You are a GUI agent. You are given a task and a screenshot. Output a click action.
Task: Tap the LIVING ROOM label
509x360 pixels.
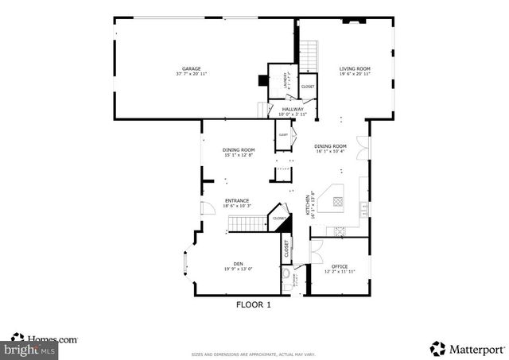point(355,69)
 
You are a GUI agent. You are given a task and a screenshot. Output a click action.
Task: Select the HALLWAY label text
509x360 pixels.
point(292,110)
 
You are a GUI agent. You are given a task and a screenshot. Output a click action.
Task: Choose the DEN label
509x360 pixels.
point(238,264)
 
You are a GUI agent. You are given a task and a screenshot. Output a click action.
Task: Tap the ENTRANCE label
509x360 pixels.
point(237,200)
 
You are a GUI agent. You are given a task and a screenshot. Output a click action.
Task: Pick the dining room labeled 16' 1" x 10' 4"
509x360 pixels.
point(330,146)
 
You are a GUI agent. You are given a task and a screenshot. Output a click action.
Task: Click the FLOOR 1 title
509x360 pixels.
point(254,304)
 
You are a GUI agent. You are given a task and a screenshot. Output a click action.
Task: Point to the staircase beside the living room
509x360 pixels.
point(310,55)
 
